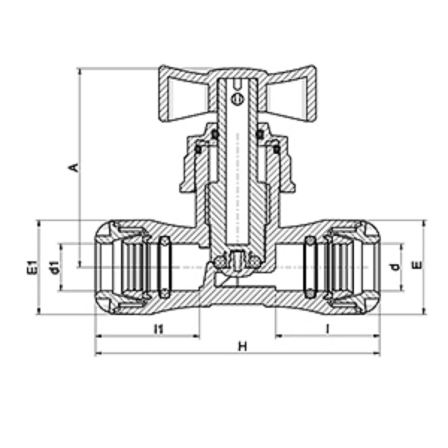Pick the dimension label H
[243, 346]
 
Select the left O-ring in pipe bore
[165, 267]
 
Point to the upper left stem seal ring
[214, 134]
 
